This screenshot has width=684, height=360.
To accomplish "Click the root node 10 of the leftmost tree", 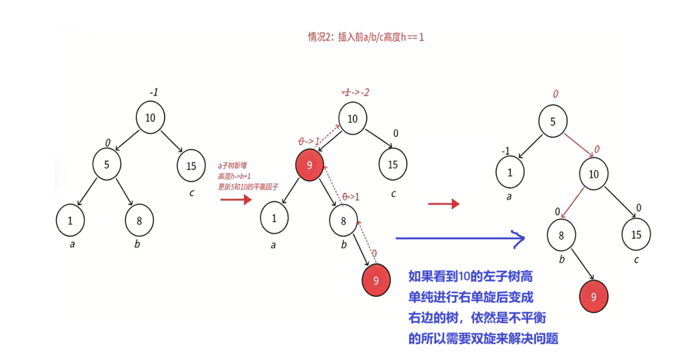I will pyautogui.click(x=150, y=118).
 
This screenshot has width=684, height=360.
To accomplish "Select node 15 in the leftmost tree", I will pyautogui.click(x=191, y=166).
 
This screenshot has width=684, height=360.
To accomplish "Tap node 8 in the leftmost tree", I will pyautogui.click(x=139, y=221).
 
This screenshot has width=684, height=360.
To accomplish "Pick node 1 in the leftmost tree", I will pyautogui.click(x=70, y=221).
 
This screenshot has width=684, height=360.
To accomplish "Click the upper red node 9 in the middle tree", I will pyautogui.click(x=310, y=165).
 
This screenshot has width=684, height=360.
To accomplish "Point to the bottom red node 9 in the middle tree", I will pyautogui.click(x=376, y=281).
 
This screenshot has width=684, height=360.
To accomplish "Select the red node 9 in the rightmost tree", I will pyautogui.click(x=593, y=296).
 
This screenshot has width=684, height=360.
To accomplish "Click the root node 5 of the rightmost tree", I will pyautogui.click(x=553, y=122).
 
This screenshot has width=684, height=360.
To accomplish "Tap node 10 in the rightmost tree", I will pyautogui.click(x=593, y=174).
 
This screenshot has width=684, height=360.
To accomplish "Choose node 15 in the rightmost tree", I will pyautogui.click(x=636, y=235).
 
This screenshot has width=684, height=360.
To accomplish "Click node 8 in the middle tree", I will pyautogui.click(x=344, y=221).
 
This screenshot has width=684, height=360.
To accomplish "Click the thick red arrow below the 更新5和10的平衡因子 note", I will pyautogui.click(x=236, y=200).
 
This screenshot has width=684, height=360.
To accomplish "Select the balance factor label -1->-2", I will pyautogui.click(x=355, y=92).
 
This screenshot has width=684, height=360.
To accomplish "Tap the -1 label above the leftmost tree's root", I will pyautogui.click(x=154, y=92).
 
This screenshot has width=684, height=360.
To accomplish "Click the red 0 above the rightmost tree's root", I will pyautogui.click(x=556, y=94).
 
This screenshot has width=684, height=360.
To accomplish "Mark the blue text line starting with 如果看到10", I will pyautogui.click(x=470, y=276).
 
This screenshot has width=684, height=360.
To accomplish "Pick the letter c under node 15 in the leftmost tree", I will pyautogui.click(x=192, y=193).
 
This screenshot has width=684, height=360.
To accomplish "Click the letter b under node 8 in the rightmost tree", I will pyautogui.click(x=562, y=259).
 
